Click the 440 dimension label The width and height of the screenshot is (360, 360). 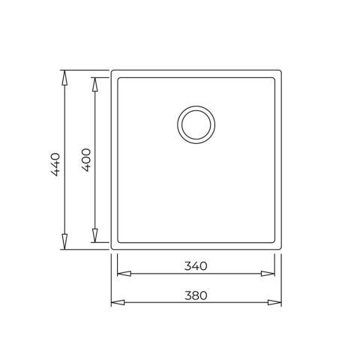pyautogui.click(x=55, y=164)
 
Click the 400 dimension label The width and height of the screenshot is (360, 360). pyautogui.click(x=86, y=160)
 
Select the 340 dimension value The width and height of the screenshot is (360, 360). pyautogui.click(x=196, y=266)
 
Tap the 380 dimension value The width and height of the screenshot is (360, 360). pyautogui.click(x=196, y=295)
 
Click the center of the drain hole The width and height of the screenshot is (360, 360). pyautogui.click(x=196, y=124)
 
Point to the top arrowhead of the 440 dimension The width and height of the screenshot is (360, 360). pyautogui.click(x=64, y=78)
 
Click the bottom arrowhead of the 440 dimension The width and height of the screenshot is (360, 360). pyautogui.click(x=64, y=241)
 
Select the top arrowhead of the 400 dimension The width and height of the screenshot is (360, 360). pyautogui.click(x=94, y=85)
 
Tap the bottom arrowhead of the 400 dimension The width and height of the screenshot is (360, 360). pyautogui.click(x=94, y=235)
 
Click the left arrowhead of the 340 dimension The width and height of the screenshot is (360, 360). pyautogui.click(x=124, y=274)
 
